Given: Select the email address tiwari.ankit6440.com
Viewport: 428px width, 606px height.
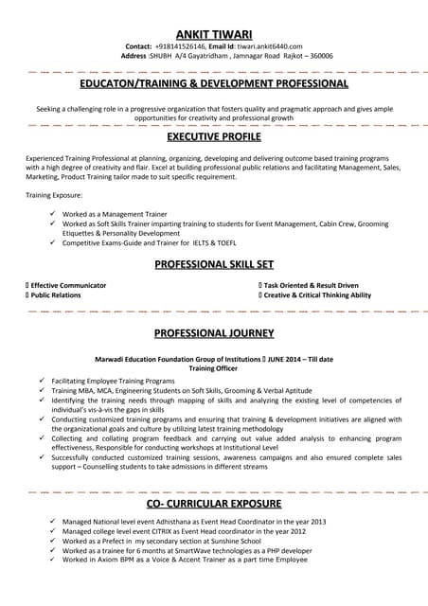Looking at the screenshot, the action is (269, 45).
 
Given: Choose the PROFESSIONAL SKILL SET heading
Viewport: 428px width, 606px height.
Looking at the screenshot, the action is (214, 264).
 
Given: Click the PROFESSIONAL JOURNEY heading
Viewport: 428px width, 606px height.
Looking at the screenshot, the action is (214, 333).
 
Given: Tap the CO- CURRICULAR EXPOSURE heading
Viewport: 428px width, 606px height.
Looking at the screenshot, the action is (214, 503).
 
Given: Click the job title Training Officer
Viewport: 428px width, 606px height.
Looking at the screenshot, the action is (214, 369).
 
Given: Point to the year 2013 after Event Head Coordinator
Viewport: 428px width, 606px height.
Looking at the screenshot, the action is (317, 522).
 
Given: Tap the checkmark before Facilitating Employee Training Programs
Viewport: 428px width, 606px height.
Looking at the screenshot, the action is (42, 380).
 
